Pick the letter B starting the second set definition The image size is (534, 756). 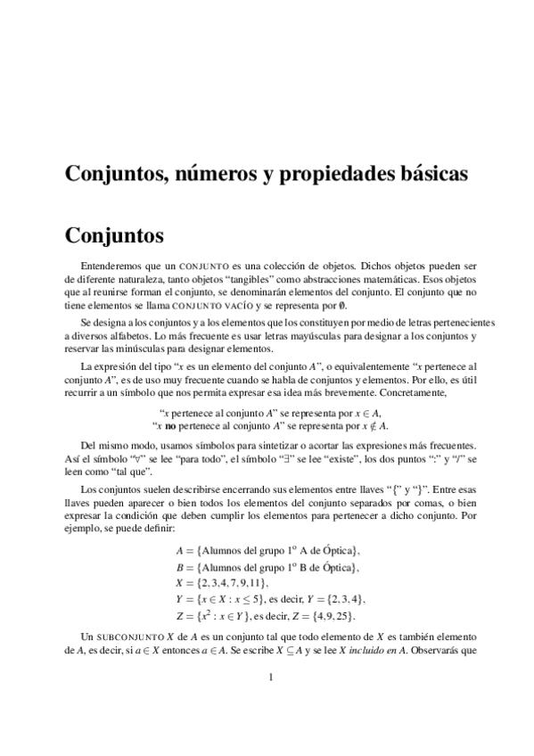pyautogui.click(x=179, y=566)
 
